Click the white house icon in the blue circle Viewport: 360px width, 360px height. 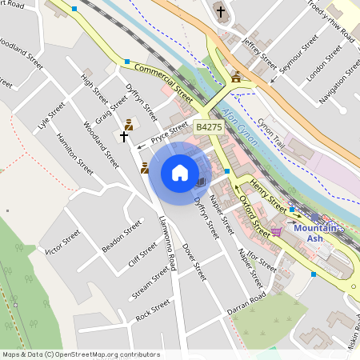coord(180,173)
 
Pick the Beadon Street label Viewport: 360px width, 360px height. coord(122,236)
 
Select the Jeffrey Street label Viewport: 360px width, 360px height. coord(258,53)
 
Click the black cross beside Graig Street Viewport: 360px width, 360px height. coord(123,137)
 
